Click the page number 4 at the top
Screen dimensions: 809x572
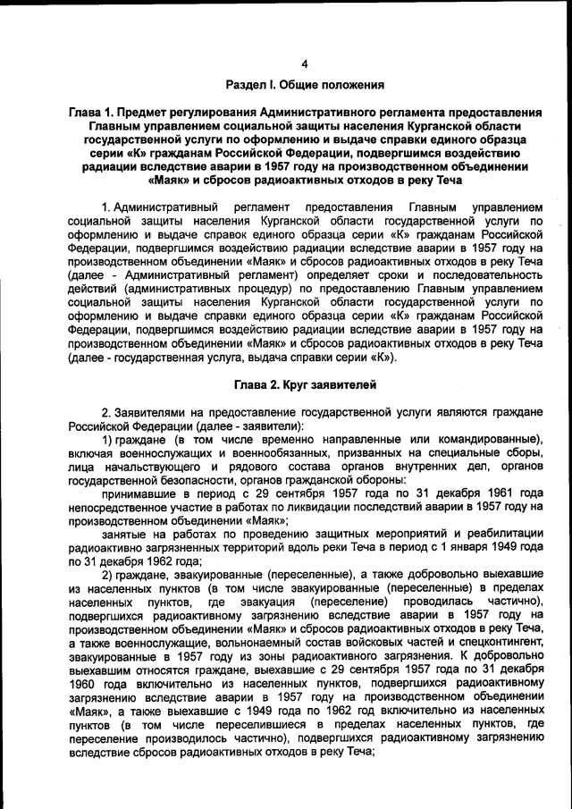pos(304,63)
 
